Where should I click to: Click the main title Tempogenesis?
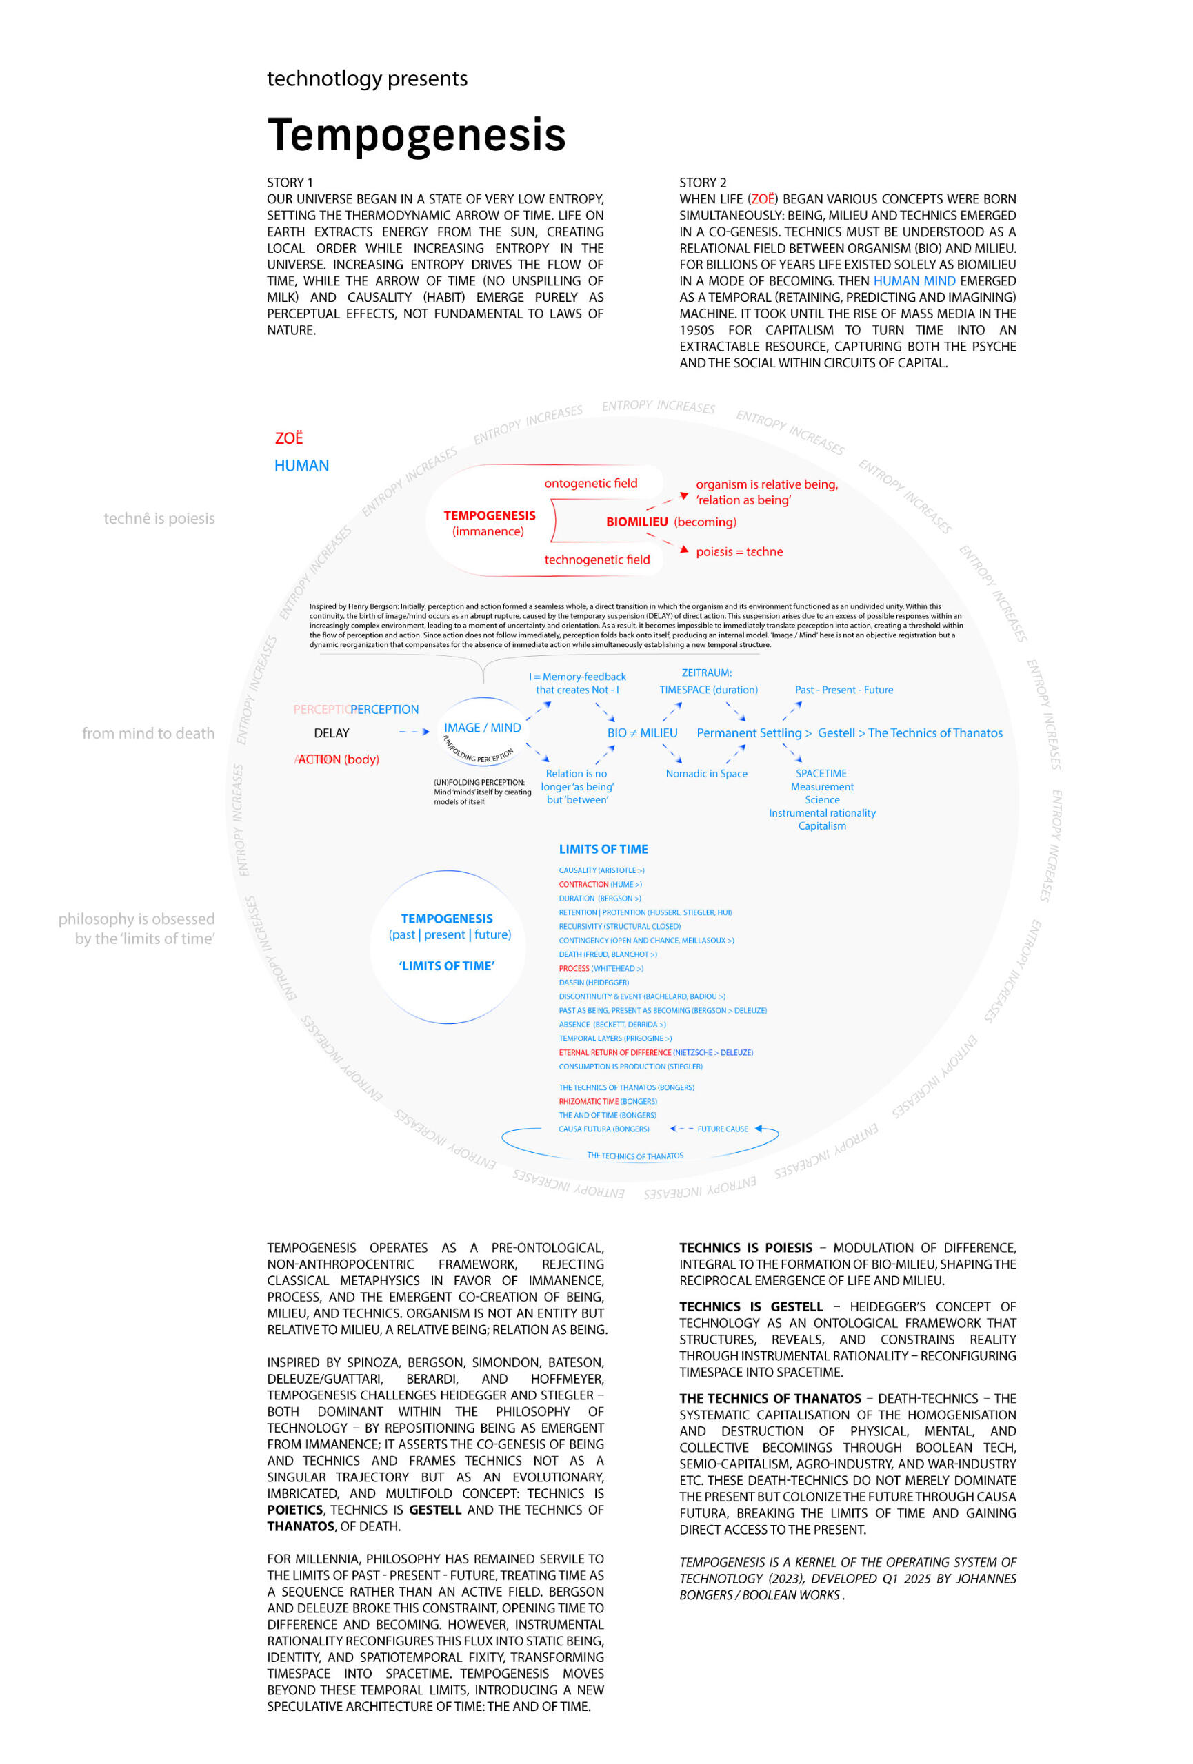tap(416, 135)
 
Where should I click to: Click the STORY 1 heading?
tap(290, 183)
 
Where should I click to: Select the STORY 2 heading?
tap(703, 183)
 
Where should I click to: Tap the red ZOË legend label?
tap(288, 439)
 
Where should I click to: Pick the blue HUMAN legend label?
tap(301, 466)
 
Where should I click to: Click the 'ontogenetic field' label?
tap(591, 484)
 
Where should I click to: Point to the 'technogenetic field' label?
tap(597, 560)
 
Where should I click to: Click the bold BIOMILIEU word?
tap(636, 522)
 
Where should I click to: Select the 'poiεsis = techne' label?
tap(739, 552)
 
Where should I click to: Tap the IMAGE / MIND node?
tap(482, 728)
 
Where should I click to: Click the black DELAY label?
tap(332, 733)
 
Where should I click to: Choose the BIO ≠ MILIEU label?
tap(642, 733)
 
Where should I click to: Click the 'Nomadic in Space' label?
tap(706, 773)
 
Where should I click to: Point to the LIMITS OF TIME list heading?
tap(603, 850)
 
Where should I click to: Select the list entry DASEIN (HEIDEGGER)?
tap(594, 982)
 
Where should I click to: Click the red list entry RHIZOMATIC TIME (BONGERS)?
tap(608, 1101)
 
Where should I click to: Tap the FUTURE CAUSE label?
tap(722, 1129)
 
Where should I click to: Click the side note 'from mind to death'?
tap(148, 733)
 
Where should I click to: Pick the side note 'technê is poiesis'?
tap(159, 518)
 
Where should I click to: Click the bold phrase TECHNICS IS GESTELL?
tap(750, 1306)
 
